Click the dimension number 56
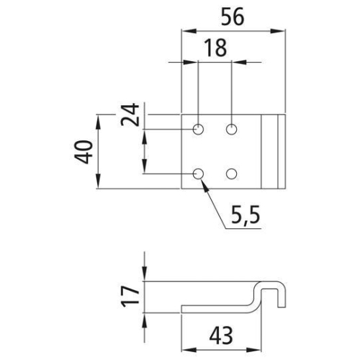pyautogui.click(x=233, y=17)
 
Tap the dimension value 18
pyautogui.click(x=215, y=48)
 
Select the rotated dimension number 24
pyautogui.click(x=130, y=114)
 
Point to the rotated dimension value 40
pyautogui.click(x=84, y=152)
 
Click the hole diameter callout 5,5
pyautogui.click(x=246, y=215)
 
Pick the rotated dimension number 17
pyautogui.click(x=130, y=297)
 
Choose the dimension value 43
pyautogui.click(x=221, y=336)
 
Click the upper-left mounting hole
pyautogui.click(x=198, y=130)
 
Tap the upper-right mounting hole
pyautogui.click(x=232, y=130)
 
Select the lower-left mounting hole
pyautogui.click(x=198, y=174)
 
